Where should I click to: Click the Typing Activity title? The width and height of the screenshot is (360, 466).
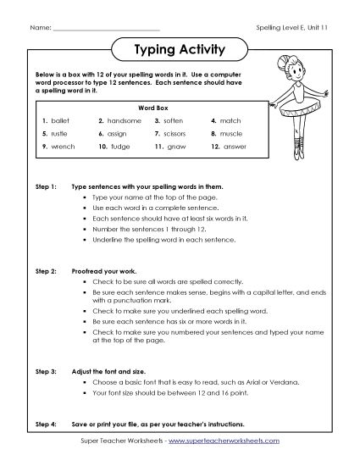click(x=180, y=50)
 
